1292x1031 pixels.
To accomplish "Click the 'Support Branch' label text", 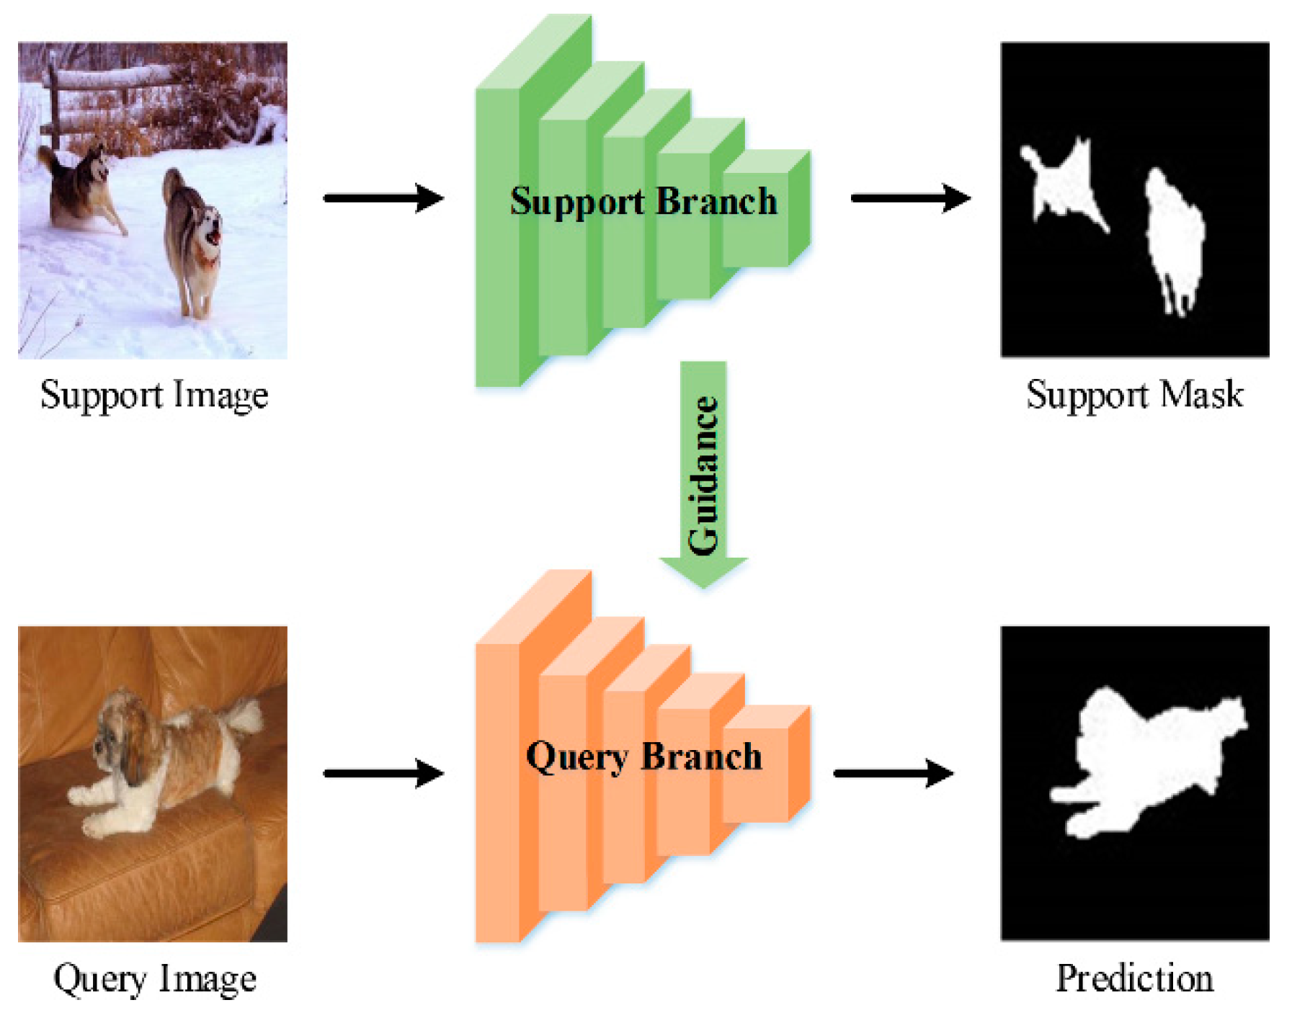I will [643, 201].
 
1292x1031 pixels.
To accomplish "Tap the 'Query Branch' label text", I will [643, 756].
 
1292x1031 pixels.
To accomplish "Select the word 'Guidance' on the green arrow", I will [703, 476].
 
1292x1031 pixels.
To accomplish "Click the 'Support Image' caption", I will [154, 395].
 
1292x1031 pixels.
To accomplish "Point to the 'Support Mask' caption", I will [1134, 395].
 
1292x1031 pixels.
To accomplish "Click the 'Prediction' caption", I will [1134, 978].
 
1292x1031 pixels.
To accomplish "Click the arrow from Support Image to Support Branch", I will [383, 197].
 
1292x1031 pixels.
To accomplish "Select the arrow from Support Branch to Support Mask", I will [910, 197].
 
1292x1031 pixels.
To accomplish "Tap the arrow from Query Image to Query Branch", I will [383, 773].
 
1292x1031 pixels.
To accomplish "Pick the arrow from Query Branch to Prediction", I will [894, 773].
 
